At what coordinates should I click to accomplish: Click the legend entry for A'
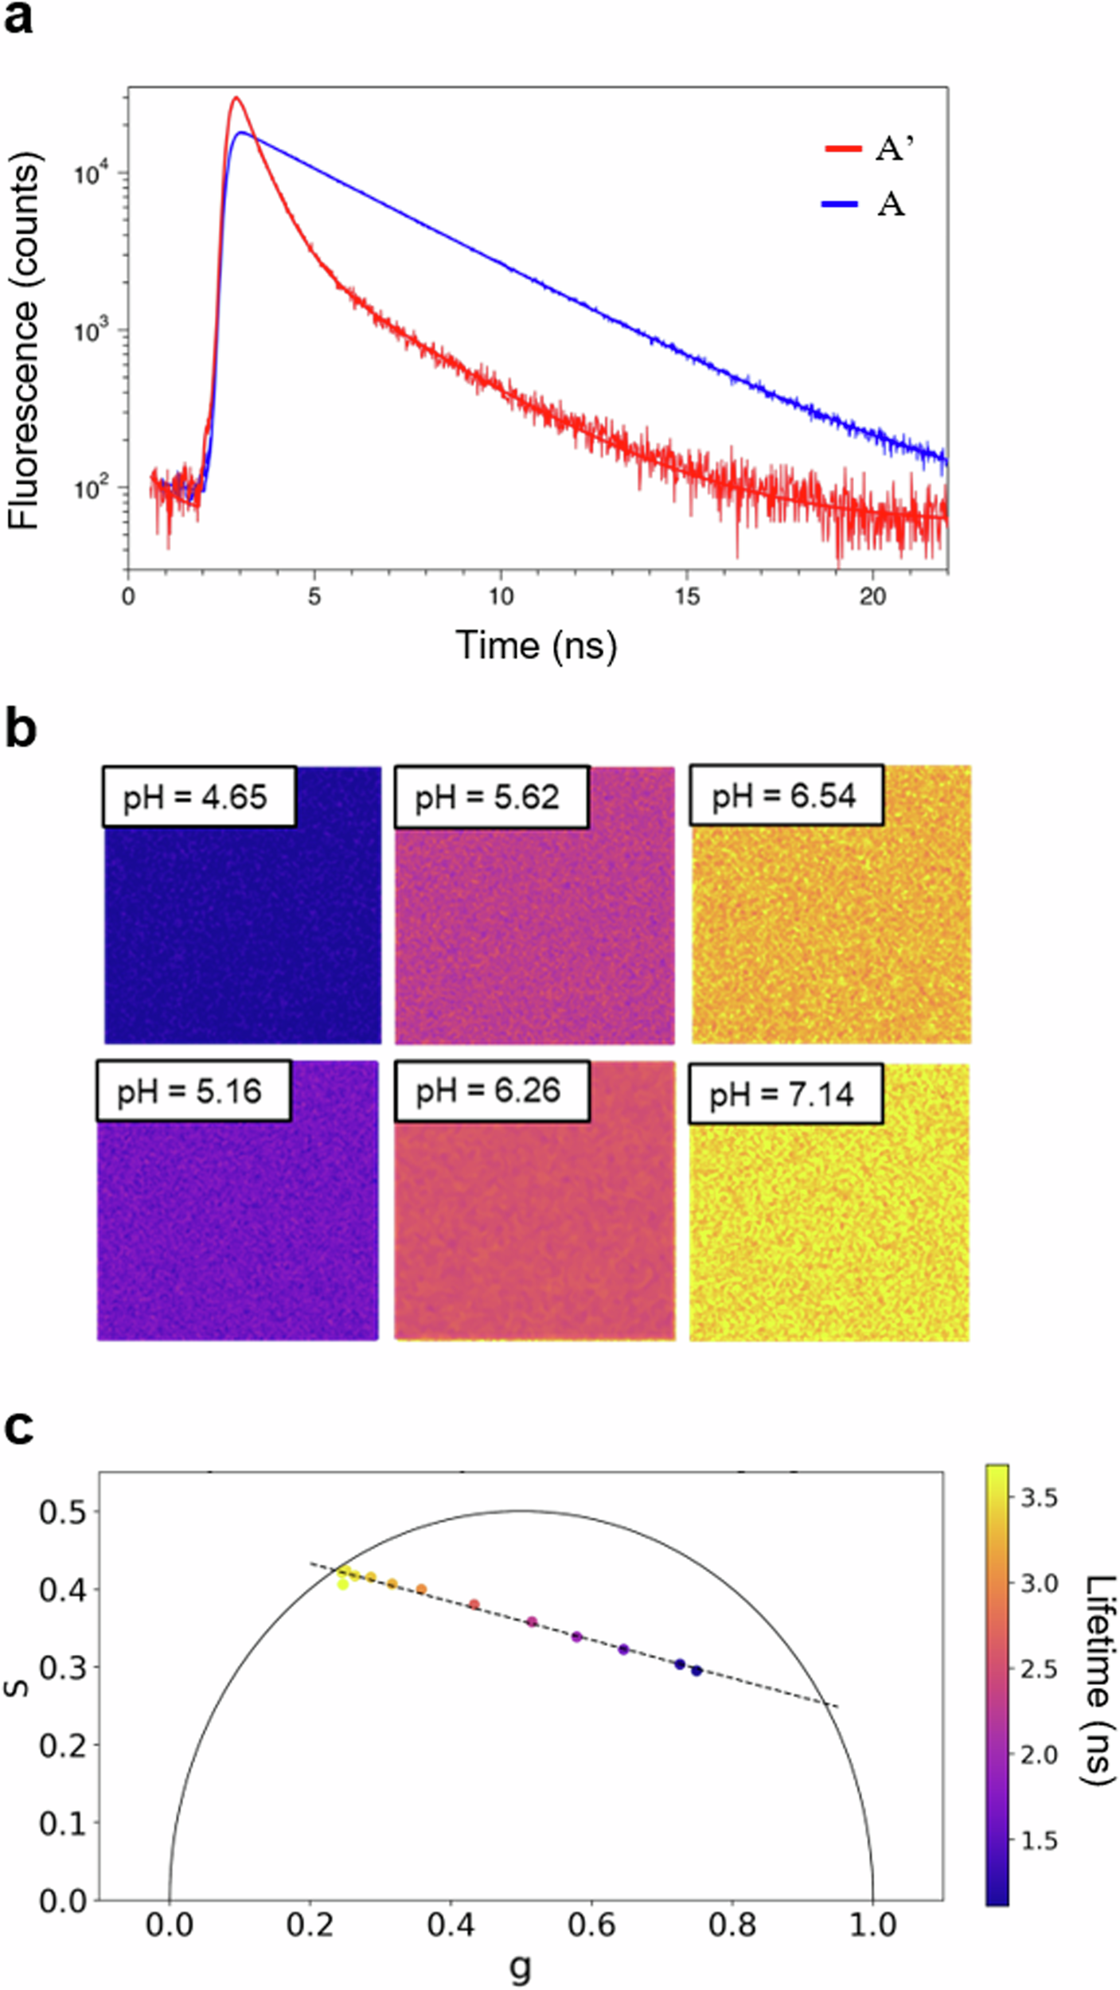click(x=870, y=148)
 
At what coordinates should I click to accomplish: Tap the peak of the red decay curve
click(x=236, y=98)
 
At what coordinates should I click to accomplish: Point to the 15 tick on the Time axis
click(x=687, y=597)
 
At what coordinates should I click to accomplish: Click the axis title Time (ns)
click(x=536, y=645)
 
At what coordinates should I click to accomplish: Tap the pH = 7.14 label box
click(x=785, y=1094)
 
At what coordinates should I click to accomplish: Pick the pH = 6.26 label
click(x=491, y=1091)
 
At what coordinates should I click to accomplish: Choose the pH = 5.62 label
click(x=491, y=797)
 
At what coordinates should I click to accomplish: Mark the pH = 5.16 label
click(x=193, y=1091)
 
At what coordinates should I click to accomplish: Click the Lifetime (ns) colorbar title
click(x=1098, y=1676)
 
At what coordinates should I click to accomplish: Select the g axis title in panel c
click(x=521, y=1965)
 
